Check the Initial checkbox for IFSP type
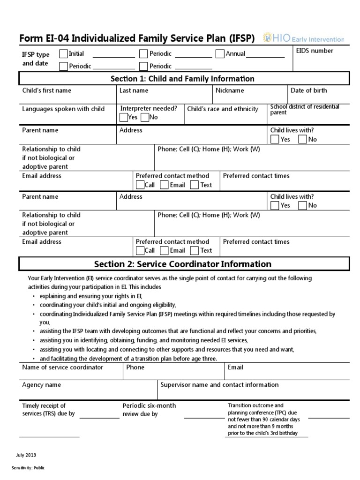point(64,54)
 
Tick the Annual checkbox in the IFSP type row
point(220,54)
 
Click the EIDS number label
point(315,51)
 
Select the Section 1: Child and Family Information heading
point(182,79)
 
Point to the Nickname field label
point(230,90)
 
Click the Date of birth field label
point(308,90)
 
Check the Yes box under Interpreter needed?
point(124,118)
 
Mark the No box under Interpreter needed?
point(144,118)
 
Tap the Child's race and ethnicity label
point(223,109)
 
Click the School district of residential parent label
point(305,110)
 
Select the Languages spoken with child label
point(63,109)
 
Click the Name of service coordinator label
point(62,367)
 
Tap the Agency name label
point(41,385)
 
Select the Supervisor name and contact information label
point(219,385)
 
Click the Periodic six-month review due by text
point(149,410)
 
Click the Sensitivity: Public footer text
point(28,468)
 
